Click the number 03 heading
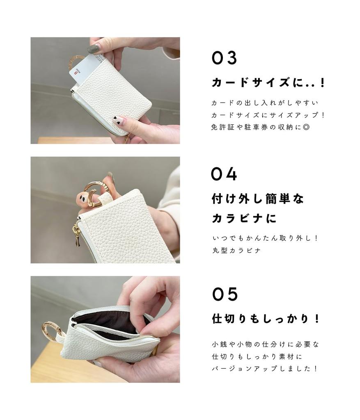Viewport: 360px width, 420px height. point(225,58)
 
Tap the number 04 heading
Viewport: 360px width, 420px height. point(224,174)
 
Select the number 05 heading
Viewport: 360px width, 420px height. point(225,294)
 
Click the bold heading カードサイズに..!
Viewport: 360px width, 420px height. point(268,82)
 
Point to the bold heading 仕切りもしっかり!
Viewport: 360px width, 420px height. point(266,319)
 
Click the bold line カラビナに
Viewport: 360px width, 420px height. point(244,218)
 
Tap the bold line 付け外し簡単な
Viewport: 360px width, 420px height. point(258,199)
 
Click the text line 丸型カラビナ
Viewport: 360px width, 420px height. point(236,251)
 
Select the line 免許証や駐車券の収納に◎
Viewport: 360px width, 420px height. point(260,127)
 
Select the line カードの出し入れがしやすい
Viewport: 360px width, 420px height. point(265,103)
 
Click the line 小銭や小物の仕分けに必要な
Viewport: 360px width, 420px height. point(265,344)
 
